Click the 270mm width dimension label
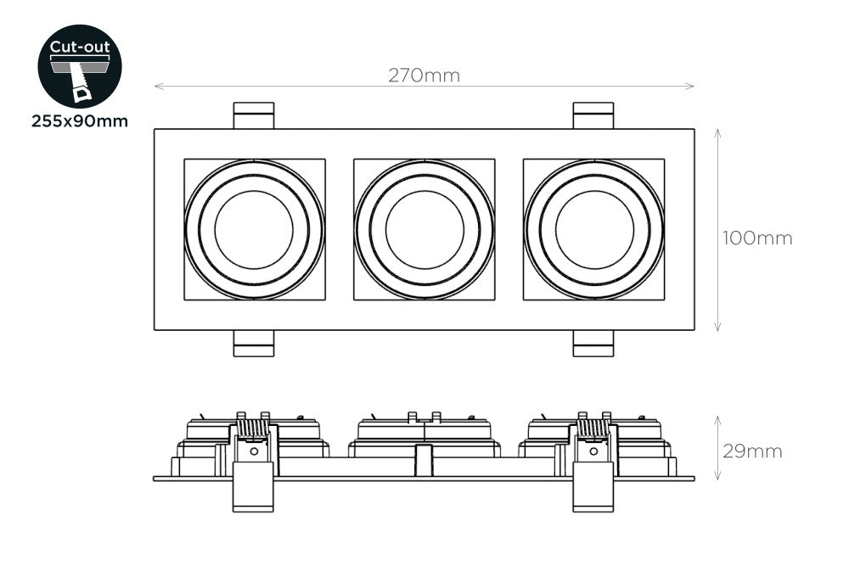(424, 76)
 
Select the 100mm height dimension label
(757, 238)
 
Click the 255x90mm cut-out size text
(80, 120)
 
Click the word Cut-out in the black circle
(80, 47)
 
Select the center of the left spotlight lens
(254, 229)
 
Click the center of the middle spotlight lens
(424, 229)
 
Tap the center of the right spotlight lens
(594, 229)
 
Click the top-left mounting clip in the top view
(254, 115)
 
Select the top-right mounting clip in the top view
(593, 115)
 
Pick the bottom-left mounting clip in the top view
(254, 344)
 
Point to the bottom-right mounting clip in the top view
(593, 344)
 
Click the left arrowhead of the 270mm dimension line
(157, 86)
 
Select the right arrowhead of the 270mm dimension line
(692, 86)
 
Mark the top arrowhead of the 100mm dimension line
(718, 132)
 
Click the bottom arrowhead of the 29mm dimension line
(718, 478)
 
